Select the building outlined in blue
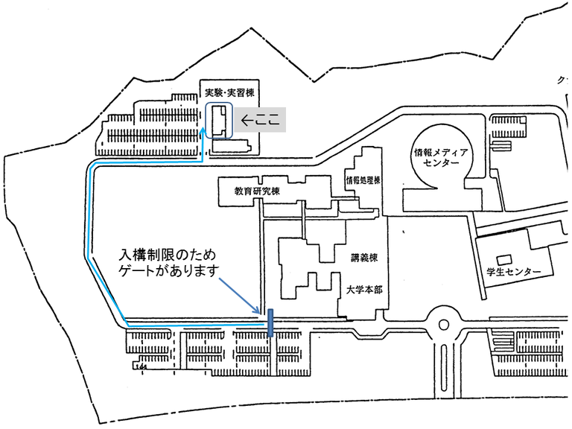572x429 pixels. point(220,121)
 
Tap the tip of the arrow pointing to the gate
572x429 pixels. point(260,312)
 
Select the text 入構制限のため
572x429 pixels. point(162,255)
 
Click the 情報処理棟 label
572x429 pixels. point(363,179)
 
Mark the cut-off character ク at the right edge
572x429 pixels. point(561,78)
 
